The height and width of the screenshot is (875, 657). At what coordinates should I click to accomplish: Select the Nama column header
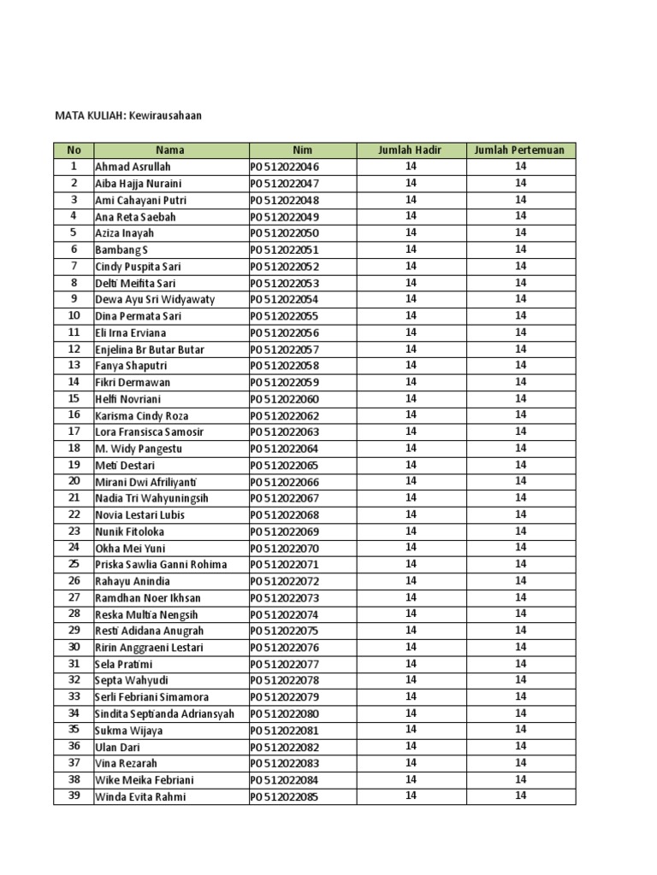point(170,150)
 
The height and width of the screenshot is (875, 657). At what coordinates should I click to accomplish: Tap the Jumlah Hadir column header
point(411,150)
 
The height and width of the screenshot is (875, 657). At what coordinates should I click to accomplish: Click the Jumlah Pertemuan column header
point(520,150)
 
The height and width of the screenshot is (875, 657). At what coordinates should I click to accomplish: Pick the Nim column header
point(302,150)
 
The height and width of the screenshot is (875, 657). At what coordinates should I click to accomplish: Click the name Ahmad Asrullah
point(133,167)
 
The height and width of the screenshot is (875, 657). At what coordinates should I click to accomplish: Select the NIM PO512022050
point(285,233)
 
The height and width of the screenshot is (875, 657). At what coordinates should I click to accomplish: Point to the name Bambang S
point(121,250)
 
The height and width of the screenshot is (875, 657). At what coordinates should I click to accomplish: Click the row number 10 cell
point(74,316)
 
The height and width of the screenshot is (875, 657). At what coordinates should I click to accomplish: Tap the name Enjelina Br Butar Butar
point(150,349)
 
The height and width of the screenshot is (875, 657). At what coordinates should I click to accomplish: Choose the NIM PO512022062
point(285,415)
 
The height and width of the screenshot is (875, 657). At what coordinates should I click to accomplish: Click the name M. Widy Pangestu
point(139,449)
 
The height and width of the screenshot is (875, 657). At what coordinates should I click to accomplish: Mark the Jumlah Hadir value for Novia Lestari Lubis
point(411,514)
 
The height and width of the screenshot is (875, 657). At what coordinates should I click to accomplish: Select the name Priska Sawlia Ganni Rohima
point(161,565)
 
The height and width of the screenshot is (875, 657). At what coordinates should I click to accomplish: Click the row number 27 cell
point(74,597)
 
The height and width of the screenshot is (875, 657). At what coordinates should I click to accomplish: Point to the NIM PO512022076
point(285,648)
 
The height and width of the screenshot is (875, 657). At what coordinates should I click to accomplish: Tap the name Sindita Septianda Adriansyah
point(164,714)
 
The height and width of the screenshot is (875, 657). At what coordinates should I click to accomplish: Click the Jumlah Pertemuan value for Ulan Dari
point(520,747)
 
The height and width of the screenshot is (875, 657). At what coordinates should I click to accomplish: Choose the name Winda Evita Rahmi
point(140,797)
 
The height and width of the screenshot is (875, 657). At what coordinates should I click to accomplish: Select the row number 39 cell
point(74,797)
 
